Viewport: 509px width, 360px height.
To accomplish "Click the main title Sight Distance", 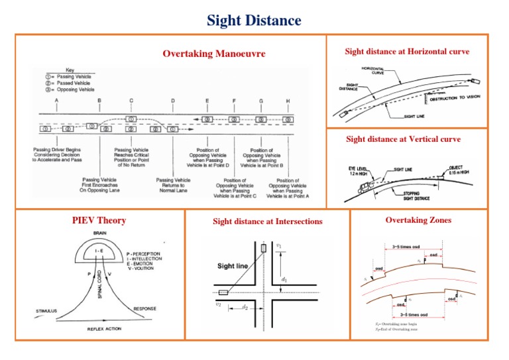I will tap(254, 20).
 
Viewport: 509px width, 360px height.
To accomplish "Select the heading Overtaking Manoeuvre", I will tap(214, 54).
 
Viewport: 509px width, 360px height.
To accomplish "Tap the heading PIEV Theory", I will tap(99, 220).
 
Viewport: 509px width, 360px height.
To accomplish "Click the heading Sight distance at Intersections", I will tap(267, 221).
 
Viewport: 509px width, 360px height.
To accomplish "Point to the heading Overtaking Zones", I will tap(419, 220).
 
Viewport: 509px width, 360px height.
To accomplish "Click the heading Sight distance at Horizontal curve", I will tap(407, 52).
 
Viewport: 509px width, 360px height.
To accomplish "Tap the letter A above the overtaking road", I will tap(57, 101).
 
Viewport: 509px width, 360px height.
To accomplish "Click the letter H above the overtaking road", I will tap(288, 101).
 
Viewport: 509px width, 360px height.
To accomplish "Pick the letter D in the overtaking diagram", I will tap(173, 101).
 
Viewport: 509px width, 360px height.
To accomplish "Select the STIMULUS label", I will tap(46, 310).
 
